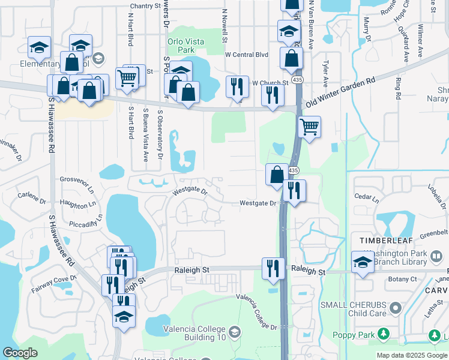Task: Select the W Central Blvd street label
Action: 246,55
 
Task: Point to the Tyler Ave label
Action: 325,61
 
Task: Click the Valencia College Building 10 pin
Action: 235,332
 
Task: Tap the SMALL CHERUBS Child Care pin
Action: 395,308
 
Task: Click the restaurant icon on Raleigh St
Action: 274,268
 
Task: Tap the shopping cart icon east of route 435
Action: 309,126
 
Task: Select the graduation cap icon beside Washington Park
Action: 363,262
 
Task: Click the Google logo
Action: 20,353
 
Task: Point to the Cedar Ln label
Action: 367,197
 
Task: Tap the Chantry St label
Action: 146,5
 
